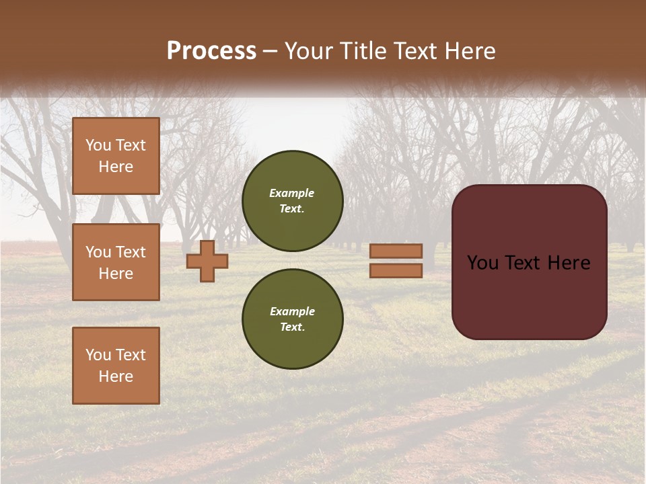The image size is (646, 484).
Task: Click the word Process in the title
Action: [211, 51]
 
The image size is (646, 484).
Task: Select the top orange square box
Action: [116, 156]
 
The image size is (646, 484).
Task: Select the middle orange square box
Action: [116, 262]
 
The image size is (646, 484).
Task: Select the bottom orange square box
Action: [116, 366]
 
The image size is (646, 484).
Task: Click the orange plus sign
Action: [207, 261]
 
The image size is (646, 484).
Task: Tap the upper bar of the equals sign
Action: [396, 251]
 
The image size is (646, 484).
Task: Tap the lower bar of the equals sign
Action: [396, 271]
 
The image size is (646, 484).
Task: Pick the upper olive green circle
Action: [293, 201]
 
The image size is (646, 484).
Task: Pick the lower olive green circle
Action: [293, 319]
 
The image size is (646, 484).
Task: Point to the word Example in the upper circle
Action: [291, 193]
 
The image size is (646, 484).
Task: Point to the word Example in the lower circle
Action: [292, 311]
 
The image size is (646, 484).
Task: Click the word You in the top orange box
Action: [98, 145]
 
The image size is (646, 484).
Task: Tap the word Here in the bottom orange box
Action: [116, 376]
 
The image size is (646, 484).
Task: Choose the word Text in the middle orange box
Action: [131, 252]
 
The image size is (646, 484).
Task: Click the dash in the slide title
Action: [271, 51]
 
